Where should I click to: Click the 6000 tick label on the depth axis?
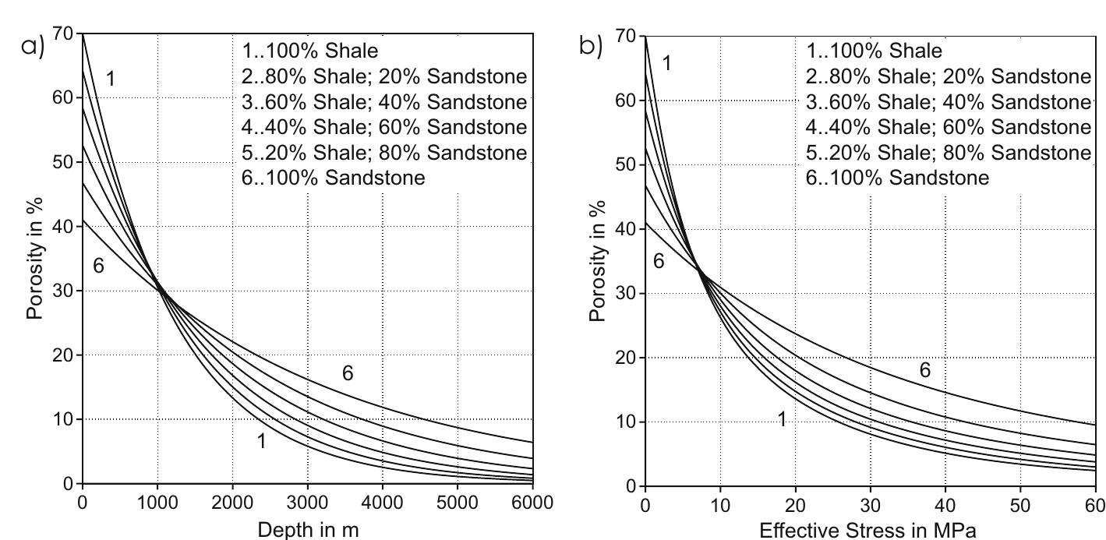[532, 503]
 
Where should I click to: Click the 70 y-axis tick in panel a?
[63, 34]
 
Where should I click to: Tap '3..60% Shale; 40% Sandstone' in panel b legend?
[948, 102]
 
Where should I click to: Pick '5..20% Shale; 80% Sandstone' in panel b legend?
[948, 153]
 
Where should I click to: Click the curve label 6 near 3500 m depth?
[348, 374]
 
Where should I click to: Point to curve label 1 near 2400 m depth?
[262, 441]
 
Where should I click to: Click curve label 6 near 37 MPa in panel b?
[924, 371]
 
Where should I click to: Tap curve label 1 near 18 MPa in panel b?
[782, 419]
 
